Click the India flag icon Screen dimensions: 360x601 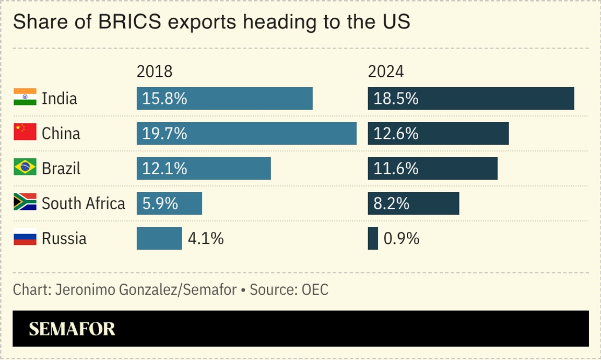25,98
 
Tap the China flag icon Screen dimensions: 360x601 25,133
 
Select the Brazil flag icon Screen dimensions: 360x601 25,168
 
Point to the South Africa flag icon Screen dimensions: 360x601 25,203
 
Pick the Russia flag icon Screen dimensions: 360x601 25,238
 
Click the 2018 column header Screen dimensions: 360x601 155,72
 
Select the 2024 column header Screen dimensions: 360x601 386,72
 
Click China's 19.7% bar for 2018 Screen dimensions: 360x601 246,133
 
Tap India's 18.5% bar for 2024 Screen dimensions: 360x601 471,98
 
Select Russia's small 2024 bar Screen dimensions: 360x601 373,238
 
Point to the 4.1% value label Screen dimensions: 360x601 206,239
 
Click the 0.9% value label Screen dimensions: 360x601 402,239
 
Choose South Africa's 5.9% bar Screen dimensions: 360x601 169,203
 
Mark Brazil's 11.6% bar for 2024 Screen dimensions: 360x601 432,168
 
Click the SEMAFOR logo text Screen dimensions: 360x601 72,329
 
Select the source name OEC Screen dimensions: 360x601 315,289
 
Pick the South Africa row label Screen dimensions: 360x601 84,203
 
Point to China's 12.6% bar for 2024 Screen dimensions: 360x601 438,133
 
